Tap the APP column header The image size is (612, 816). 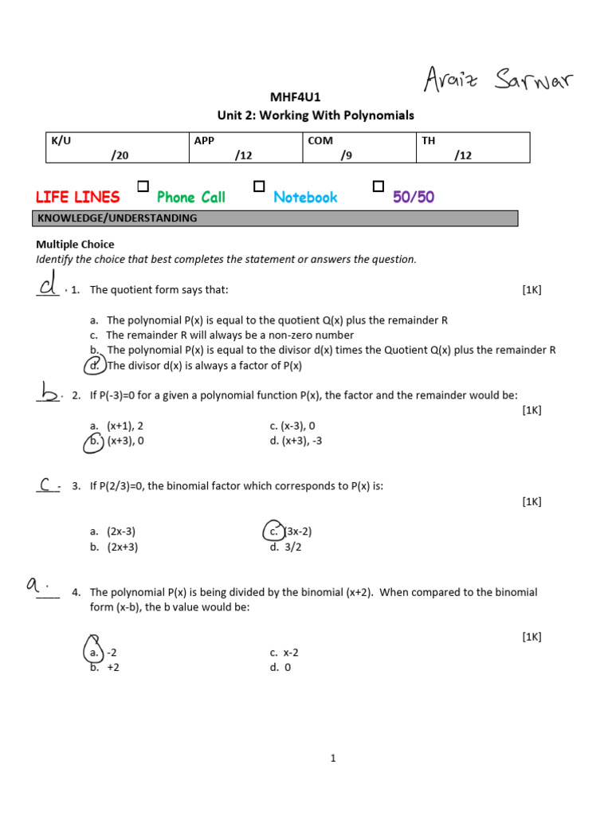[x=204, y=140]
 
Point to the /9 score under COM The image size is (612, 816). [x=346, y=155]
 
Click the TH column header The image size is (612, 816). [x=429, y=140]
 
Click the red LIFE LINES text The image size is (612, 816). [x=78, y=197]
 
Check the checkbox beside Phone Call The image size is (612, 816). [x=143, y=186]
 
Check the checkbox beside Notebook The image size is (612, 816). [x=259, y=186]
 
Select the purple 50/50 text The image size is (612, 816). [x=414, y=197]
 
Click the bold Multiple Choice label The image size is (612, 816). [x=75, y=245]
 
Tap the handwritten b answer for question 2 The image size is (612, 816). [x=48, y=390]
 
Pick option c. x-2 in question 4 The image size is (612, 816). [x=284, y=652]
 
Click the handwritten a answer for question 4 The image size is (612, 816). [x=37, y=586]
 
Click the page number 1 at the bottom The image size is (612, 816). [x=333, y=759]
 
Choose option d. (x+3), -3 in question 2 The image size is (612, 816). [x=296, y=441]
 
